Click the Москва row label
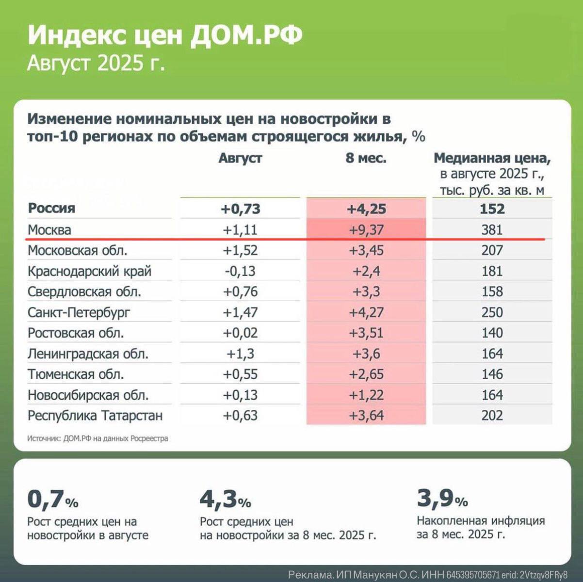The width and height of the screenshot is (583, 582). click(x=49, y=229)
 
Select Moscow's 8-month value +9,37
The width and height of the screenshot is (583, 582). click(x=366, y=229)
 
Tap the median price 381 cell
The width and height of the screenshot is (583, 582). click(x=492, y=229)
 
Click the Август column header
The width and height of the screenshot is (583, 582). click(x=240, y=158)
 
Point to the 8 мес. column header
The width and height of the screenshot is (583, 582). click(x=366, y=158)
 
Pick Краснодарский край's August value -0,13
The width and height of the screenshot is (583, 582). click(x=240, y=271)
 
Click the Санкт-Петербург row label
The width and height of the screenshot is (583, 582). click(x=79, y=312)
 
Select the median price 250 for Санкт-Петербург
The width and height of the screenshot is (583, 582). click(x=492, y=312)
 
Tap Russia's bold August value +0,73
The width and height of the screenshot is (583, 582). click(x=240, y=209)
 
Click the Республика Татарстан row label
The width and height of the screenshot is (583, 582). click(x=95, y=416)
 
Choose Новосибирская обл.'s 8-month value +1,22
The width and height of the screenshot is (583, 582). click(x=366, y=395)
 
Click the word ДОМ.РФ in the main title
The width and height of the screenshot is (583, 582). click(x=246, y=35)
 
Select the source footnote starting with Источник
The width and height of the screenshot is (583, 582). click(x=97, y=438)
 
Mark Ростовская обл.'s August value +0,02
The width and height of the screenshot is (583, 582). click(x=240, y=333)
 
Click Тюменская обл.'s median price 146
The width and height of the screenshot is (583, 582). click(x=492, y=374)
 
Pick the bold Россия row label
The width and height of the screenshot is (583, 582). click(x=51, y=208)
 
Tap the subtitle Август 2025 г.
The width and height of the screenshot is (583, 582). click(x=96, y=63)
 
